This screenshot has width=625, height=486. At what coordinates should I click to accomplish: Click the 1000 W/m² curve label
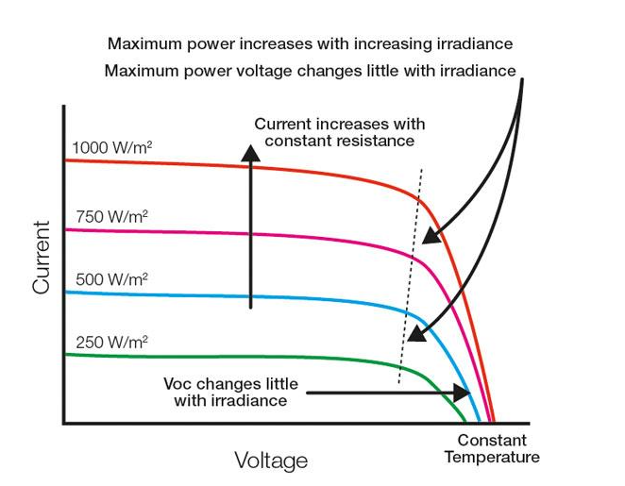(112, 148)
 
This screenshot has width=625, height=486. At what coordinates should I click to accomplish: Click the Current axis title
(41, 257)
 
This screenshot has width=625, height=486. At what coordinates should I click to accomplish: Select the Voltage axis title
(271, 461)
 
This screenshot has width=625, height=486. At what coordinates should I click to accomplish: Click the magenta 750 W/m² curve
(236, 234)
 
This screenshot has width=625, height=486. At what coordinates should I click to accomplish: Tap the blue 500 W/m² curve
(236, 296)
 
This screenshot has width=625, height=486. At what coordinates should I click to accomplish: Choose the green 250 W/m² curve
(236, 359)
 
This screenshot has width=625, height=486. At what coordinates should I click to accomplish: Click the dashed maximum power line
(411, 274)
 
